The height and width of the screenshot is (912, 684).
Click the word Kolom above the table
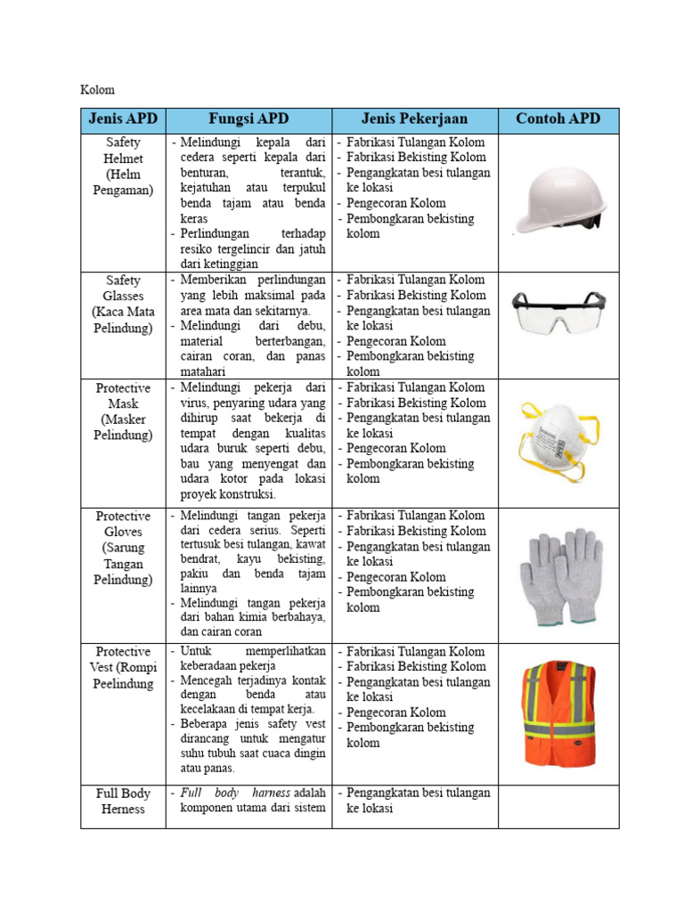pyautogui.click(x=97, y=90)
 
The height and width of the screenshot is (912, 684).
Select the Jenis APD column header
pyautogui.click(x=123, y=119)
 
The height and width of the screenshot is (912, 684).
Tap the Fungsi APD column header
pyautogui.click(x=248, y=119)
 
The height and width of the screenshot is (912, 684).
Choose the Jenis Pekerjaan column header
pyautogui.click(x=414, y=119)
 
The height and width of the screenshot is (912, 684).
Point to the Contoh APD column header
pyautogui.click(x=558, y=119)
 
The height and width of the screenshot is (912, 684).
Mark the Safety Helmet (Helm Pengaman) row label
pyautogui.click(x=123, y=166)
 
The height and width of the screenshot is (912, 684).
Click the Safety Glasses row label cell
pyautogui.click(x=123, y=304)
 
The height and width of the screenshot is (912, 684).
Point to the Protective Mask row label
pyautogui.click(x=123, y=411)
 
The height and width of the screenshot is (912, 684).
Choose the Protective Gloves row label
pyautogui.click(x=123, y=547)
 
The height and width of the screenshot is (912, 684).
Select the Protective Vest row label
pyautogui.click(x=123, y=668)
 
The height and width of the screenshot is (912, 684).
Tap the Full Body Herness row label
pyautogui.click(x=123, y=801)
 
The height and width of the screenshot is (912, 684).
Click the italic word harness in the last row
pyautogui.click(x=270, y=793)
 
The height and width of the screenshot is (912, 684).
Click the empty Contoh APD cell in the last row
pyautogui.click(x=558, y=807)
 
